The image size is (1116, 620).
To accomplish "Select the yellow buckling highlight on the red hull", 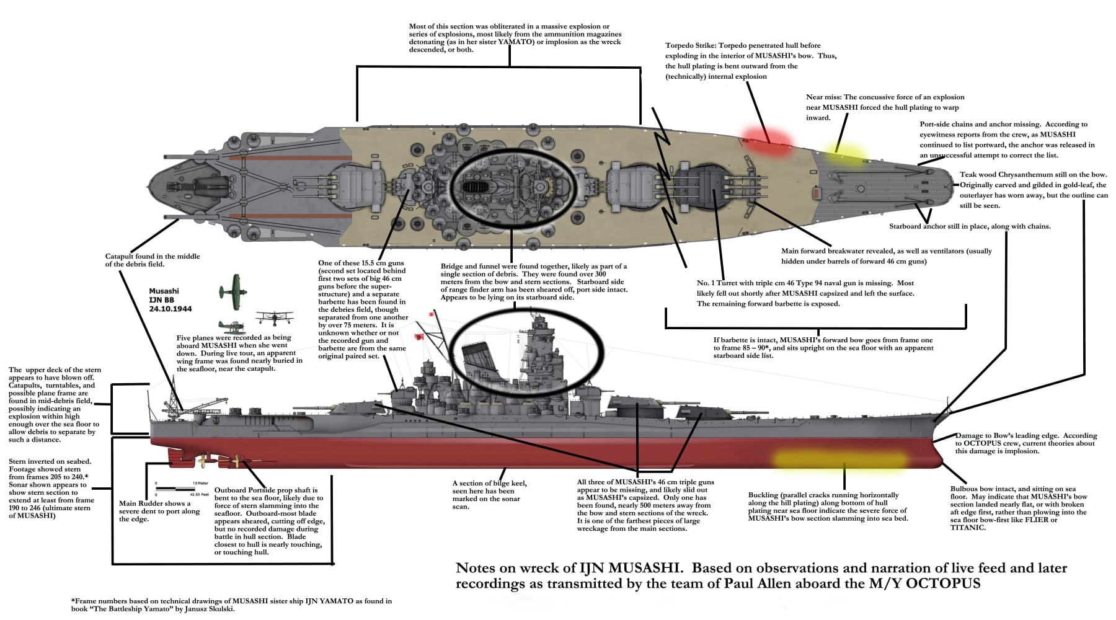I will coord(839,460).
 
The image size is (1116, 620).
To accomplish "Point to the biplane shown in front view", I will coord(274,318).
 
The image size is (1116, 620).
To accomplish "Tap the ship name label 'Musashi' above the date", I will coord(164,291).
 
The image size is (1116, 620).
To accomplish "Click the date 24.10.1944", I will coord(170,309).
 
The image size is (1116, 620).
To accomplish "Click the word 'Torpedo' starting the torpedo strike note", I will coord(679,45).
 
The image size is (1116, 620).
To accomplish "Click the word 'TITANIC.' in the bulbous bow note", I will coord(968,528).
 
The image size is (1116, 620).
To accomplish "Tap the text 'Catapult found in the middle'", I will coord(153,256).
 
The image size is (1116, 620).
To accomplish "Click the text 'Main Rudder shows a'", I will coord(155,503).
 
